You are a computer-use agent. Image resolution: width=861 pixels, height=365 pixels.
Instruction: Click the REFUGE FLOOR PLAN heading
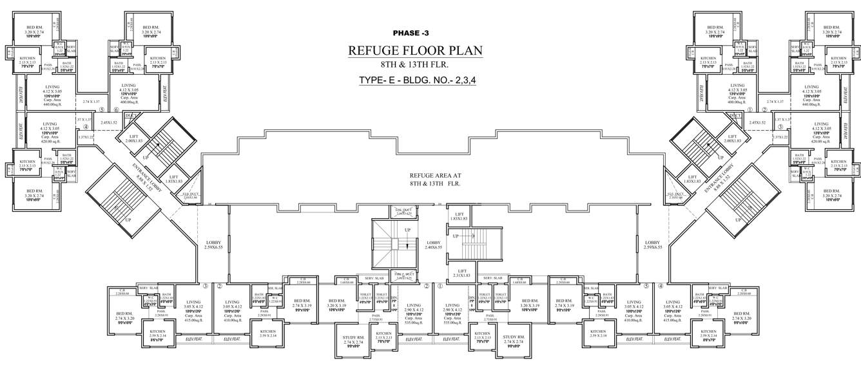tap(414, 51)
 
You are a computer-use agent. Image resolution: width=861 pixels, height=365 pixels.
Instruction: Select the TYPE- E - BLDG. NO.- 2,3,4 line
tap(414, 80)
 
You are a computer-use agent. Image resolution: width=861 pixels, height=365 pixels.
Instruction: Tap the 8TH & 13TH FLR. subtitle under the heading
tap(414, 65)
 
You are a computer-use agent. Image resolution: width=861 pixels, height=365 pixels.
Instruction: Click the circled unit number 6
tap(116, 110)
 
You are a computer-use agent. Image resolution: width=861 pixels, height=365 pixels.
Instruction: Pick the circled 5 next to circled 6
tap(102, 110)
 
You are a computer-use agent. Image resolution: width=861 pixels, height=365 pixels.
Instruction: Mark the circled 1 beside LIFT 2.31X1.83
tap(440, 286)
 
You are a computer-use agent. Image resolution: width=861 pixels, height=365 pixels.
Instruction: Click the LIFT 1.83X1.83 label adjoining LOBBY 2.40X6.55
tap(459, 217)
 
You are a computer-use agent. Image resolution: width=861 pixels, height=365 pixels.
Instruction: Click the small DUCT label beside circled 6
tap(130, 116)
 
